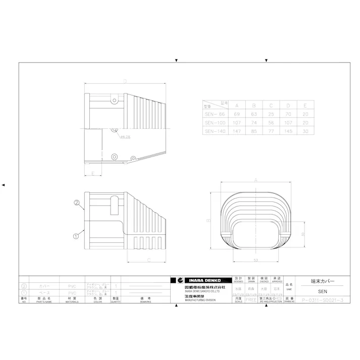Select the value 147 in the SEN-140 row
pyautogui.click(x=236, y=131)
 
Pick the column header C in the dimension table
pyautogui.click(x=271, y=106)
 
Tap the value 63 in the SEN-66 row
pyautogui.click(x=253, y=115)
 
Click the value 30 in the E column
pyautogui.click(x=305, y=131)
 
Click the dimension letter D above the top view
pyautogui.click(x=125, y=81)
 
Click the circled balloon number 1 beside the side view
pyautogui.click(x=76, y=235)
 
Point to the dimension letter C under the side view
pyautogui.click(x=148, y=260)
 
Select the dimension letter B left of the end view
pyautogui.click(x=208, y=221)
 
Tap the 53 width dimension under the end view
pyautogui.click(x=256, y=260)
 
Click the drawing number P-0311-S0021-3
pyautogui.click(x=322, y=300)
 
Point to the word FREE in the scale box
pyautogui.click(x=250, y=299)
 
